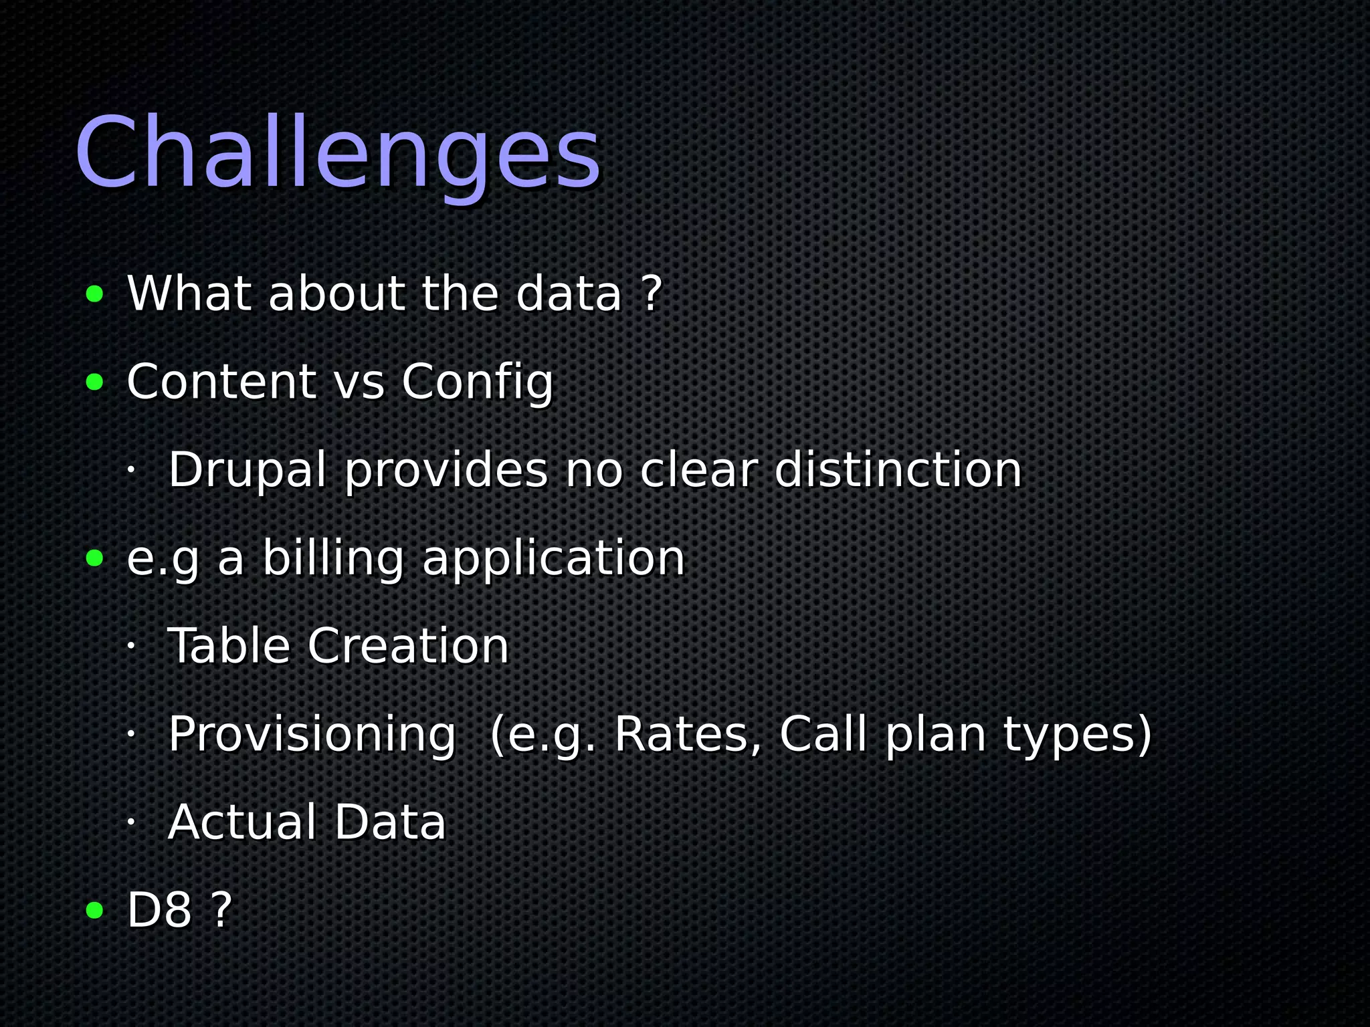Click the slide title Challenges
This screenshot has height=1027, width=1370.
[338, 154]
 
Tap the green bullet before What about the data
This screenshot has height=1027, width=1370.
[95, 294]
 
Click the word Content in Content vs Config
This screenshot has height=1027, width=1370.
[221, 382]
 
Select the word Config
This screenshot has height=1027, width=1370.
[478, 383]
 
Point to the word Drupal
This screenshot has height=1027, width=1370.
[248, 470]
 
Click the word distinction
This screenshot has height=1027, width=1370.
[898, 470]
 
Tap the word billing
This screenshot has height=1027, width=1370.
[333, 558]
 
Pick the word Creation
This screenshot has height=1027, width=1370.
[408, 647]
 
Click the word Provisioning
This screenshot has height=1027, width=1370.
[312, 735]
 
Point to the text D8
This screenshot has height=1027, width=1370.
[159, 911]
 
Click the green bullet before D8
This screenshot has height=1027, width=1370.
[95, 911]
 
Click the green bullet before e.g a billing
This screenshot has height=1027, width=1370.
[95, 558]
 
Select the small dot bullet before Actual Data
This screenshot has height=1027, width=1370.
[131, 822]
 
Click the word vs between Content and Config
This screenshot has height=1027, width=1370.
[359, 383]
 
